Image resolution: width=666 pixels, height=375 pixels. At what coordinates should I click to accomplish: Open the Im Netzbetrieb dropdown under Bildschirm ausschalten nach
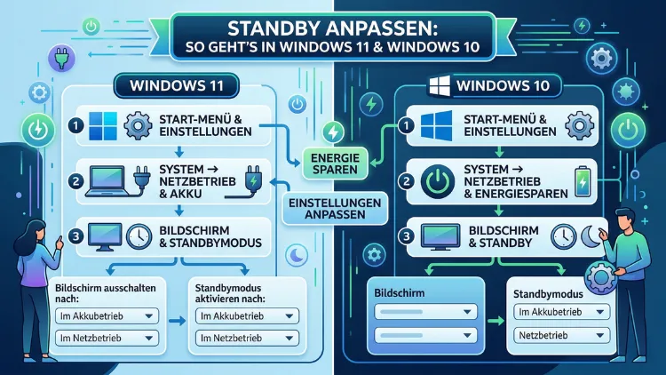pos(106,339)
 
